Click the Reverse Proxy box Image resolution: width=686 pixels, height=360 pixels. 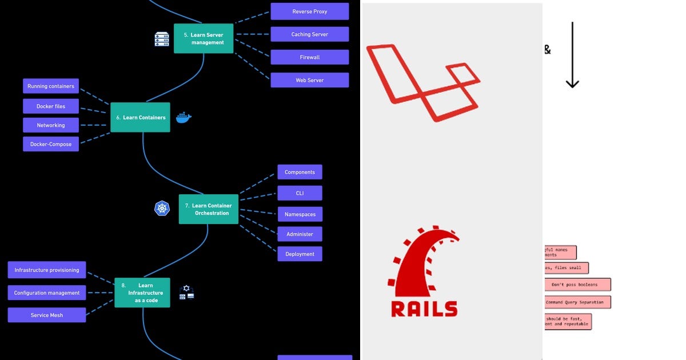click(x=309, y=11)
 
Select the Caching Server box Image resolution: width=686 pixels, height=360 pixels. click(x=309, y=34)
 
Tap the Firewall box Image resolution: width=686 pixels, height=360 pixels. click(x=309, y=57)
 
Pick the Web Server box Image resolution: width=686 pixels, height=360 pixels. click(x=309, y=80)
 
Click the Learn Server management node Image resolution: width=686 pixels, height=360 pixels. click(x=204, y=38)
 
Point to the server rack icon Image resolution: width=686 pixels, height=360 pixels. click(x=162, y=39)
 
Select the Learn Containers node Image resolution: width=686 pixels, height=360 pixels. click(x=140, y=117)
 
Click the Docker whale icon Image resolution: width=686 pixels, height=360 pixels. click(x=184, y=117)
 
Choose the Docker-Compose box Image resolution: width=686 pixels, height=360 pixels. click(x=51, y=144)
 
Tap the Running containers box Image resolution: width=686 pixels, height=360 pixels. click(x=51, y=86)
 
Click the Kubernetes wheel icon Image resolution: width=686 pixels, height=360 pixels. click(x=162, y=209)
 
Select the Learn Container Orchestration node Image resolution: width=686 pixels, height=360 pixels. click(x=209, y=209)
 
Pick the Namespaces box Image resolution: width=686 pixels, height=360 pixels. click(x=300, y=214)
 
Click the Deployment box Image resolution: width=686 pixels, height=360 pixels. click(x=300, y=254)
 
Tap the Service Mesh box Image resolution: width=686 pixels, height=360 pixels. click(x=47, y=315)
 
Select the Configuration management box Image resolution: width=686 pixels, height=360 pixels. click(x=47, y=293)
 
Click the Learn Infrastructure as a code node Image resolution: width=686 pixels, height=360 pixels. click(x=142, y=293)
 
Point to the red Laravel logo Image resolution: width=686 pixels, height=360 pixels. click(x=423, y=83)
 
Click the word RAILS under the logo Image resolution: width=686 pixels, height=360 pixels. click(x=424, y=309)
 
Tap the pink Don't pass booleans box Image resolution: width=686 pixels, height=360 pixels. click(x=577, y=285)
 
